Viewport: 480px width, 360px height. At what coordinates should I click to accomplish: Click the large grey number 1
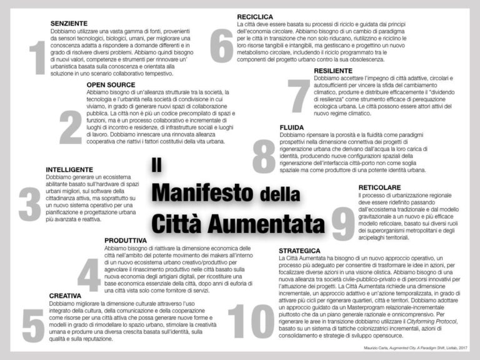point(37,57)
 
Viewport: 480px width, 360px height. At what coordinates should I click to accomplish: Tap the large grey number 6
point(221,45)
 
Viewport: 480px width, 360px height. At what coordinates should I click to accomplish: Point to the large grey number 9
point(342,223)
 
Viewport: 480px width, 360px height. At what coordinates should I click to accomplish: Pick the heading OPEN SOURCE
point(111,84)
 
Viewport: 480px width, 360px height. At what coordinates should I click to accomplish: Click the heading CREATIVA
point(66,296)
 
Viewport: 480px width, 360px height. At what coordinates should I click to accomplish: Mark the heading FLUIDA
point(292,127)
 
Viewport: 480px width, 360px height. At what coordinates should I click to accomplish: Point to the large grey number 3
point(29,204)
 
